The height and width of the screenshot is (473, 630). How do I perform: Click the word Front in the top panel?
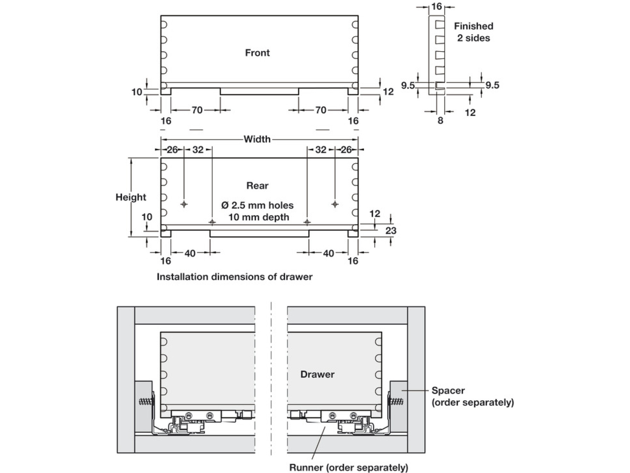point(257,53)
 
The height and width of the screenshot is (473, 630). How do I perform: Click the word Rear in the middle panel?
point(257,186)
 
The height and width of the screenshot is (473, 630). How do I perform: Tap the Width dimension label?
point(257,139)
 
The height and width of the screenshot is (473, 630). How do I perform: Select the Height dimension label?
point(131,197)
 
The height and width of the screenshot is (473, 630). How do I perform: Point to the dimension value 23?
point(391,231)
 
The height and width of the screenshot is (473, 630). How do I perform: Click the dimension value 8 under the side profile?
point(440,121)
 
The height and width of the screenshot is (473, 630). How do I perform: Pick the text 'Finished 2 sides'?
point(474,32)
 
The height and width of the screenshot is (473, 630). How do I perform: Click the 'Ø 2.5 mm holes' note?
point(257,205)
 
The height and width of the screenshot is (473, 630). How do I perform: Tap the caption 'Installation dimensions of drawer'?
point(234,277)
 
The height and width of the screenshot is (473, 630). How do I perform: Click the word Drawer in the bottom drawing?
point(317,375)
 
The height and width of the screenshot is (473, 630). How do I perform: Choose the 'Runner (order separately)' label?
point(349,467)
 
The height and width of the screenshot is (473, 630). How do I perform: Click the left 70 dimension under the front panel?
point(197,110)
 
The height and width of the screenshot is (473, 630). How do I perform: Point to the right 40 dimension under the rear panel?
point(328,253)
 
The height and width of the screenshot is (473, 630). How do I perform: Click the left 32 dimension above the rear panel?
point(198,150)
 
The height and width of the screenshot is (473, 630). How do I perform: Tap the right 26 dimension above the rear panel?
point(346,150)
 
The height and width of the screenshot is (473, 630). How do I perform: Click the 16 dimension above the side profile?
point(436,7)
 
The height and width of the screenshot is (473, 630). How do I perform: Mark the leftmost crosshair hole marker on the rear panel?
point(184,204)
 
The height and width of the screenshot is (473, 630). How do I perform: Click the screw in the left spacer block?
point(147,402)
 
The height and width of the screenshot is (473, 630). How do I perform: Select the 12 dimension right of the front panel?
point(388,92)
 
